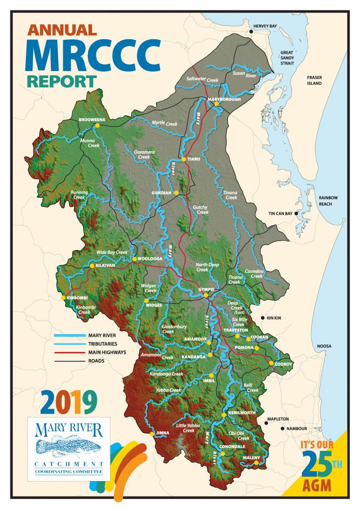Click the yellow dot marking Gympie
click(206, 296)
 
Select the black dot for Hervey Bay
click(252, 32)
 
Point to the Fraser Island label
click(314, 81)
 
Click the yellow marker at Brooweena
click(98, 126)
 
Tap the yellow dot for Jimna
click(152, 434)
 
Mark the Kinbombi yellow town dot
click(63, 298)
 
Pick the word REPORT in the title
click(62, 81)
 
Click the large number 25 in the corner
click(317, 466)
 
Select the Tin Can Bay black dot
click(297, 214)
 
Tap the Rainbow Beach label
click(329, 201)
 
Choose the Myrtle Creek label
click(165, 123)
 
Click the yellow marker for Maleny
click(256, 463)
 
